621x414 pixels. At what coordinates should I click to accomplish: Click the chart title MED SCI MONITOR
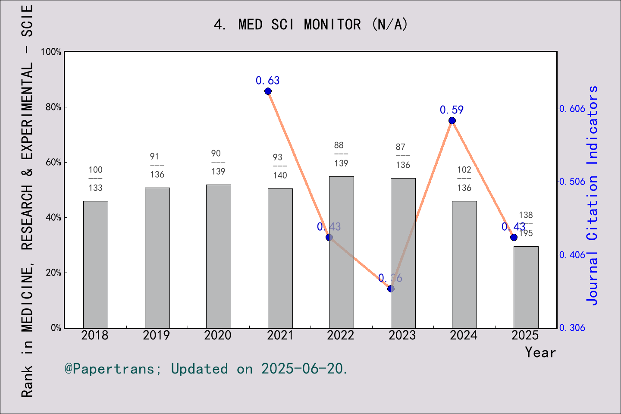pos(310,25)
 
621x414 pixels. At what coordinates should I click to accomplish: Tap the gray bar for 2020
pos(218,256)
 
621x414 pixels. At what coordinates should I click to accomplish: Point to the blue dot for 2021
pos(268,91)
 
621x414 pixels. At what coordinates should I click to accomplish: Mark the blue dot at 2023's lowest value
pos(391,289)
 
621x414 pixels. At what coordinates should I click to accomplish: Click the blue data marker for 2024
pos(452,121)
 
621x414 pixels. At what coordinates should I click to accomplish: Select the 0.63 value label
pos(267,81)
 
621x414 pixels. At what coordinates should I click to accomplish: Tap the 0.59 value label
pos(452,110)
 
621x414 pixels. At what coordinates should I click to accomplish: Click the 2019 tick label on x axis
pos(156,336)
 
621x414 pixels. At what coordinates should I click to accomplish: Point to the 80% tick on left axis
pos(53,107)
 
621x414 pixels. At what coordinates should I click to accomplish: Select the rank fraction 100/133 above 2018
pos(95,179)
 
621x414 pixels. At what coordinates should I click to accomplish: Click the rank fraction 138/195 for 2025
pos(526,224)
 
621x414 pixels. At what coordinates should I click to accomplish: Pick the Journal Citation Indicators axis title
pos(593,195)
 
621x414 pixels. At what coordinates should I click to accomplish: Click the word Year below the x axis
pos(540,352)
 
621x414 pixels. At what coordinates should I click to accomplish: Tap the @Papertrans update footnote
pos(206,369)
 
